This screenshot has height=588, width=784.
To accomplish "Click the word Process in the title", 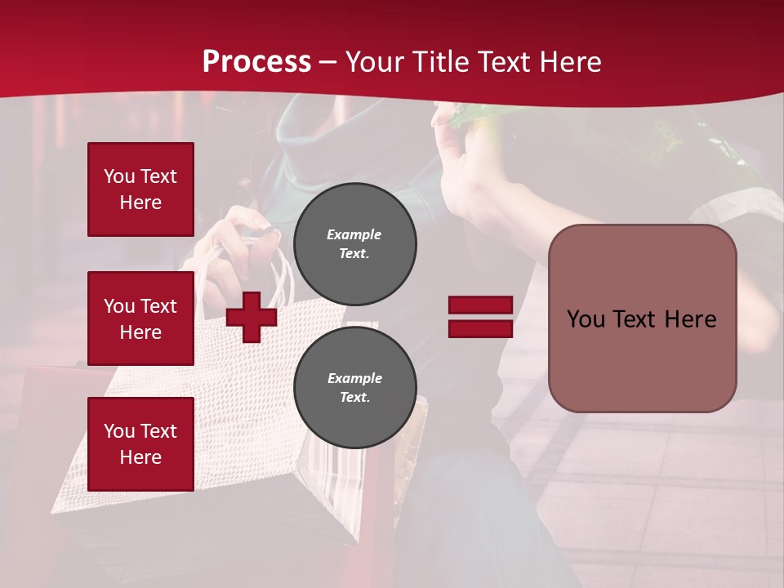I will click(256, 62).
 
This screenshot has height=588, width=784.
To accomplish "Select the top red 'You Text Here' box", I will click(140, 189).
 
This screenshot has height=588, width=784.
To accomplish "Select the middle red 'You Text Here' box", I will click(140, 318).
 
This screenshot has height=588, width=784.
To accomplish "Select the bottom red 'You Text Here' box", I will click(140, 444).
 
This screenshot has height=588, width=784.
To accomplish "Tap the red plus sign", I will click(251, 317).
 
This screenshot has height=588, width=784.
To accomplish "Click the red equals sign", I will click(480, 317).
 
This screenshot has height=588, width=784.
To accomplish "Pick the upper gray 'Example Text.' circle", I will click(354, 243).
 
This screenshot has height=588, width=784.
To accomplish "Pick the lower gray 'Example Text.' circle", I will click(354, 387).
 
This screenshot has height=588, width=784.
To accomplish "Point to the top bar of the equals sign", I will click(480, 305).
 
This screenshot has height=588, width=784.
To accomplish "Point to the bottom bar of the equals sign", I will click(480, 328).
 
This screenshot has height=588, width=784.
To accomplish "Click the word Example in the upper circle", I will click(354, 234).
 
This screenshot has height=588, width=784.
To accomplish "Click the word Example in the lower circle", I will click(354, 378).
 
